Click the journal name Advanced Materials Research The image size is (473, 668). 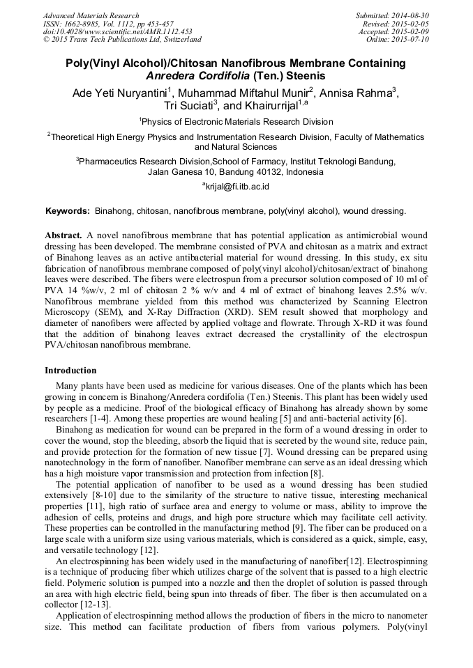tap(91, 15)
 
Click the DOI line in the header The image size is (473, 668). tap(117, 31)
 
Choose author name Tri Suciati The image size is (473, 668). tap(189, 106)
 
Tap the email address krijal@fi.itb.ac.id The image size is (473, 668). tap(237, 187)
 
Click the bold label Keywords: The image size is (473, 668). tap(68, 210)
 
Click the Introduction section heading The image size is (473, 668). tap(70, 371)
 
